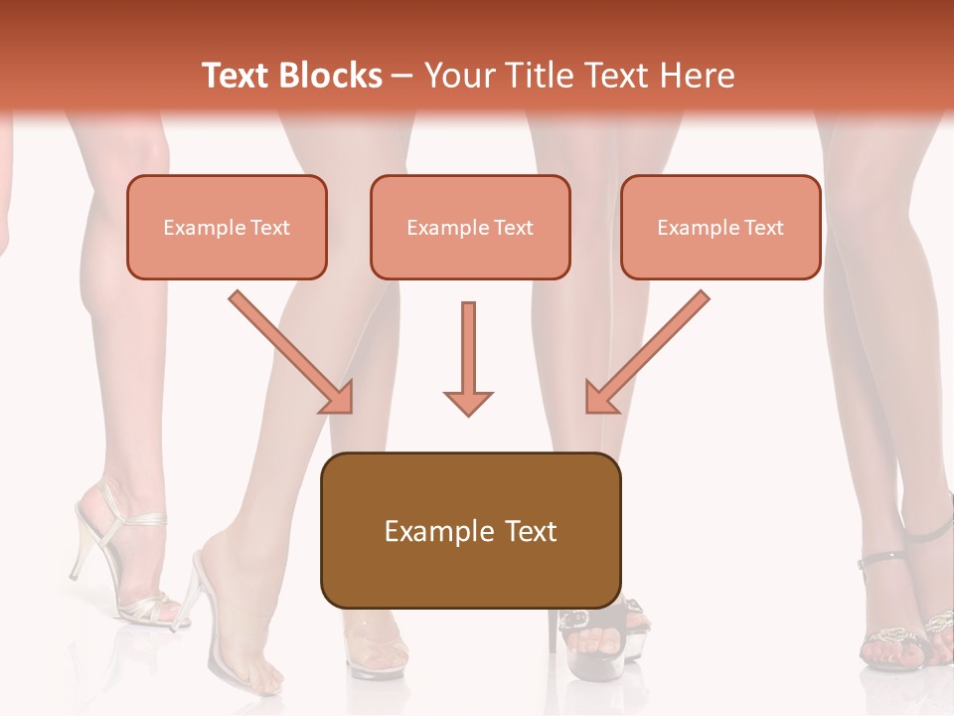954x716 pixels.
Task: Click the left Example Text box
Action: [x=227, y=227]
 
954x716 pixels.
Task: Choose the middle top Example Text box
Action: [x=470, y=227]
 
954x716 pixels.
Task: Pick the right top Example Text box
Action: [x=720, y=227]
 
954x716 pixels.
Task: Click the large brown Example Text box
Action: [x=470, y=530]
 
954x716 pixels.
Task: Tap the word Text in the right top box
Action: [x=764, y=228]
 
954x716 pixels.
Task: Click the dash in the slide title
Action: [x=402, y=76]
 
